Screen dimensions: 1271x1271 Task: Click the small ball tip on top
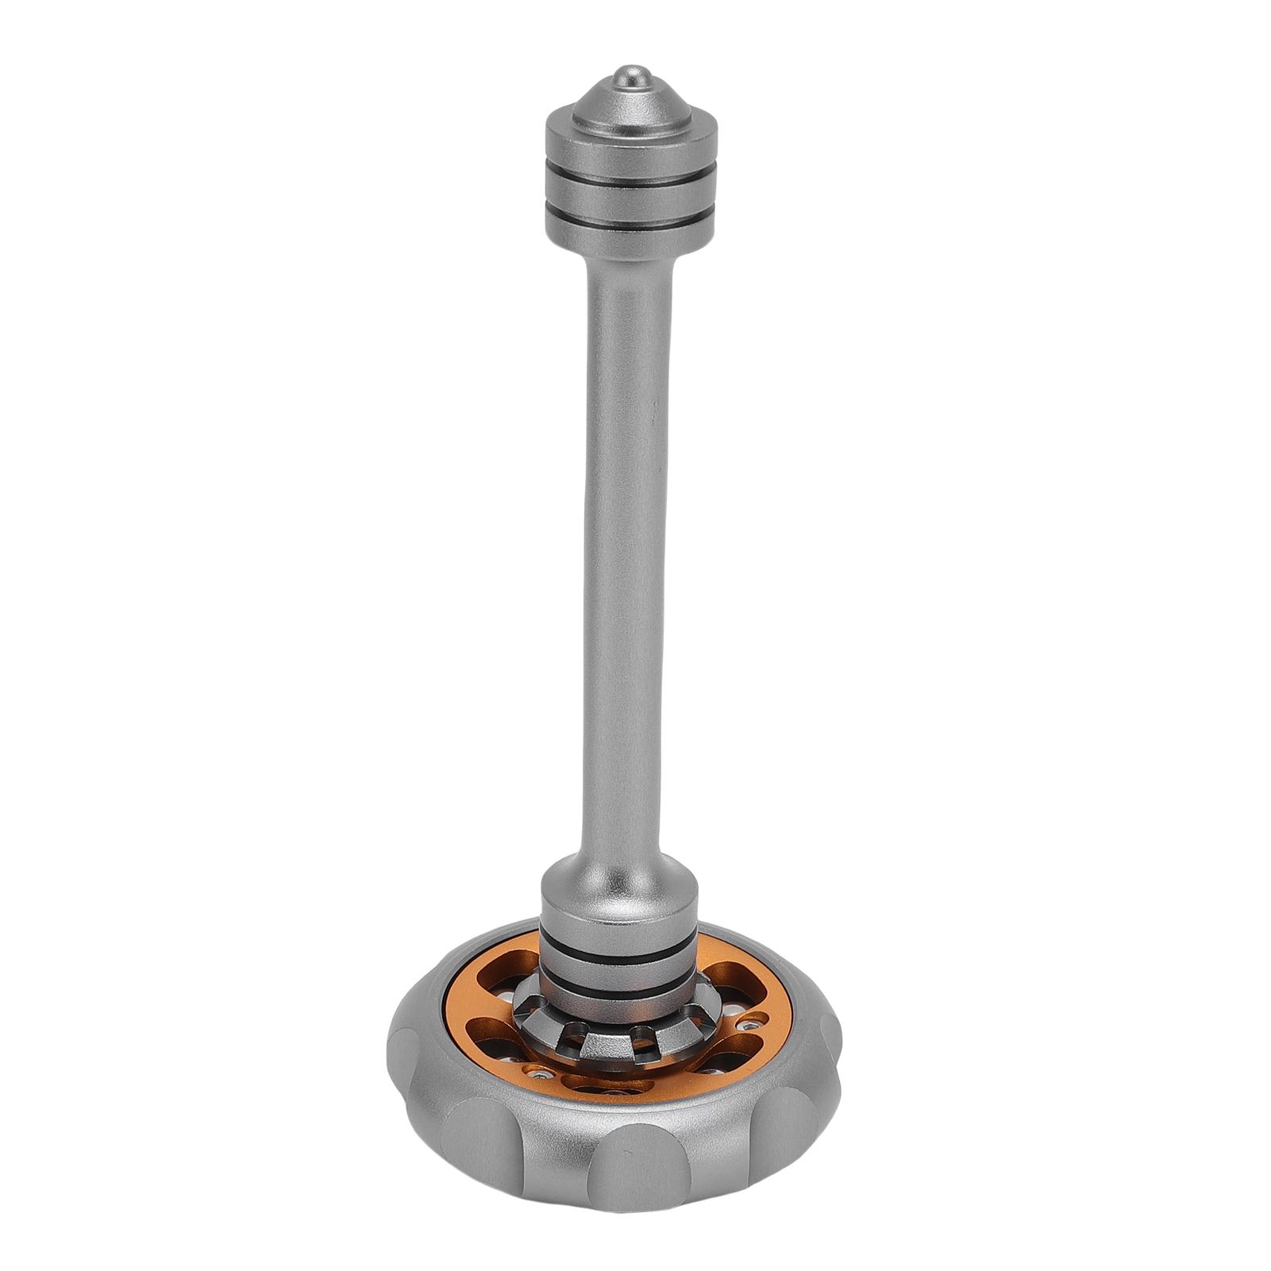coord(631,76)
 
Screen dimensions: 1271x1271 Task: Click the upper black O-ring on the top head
coord(631,173)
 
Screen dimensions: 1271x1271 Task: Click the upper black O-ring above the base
coord(619,957)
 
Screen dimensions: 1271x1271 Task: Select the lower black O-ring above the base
coord(619,991)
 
